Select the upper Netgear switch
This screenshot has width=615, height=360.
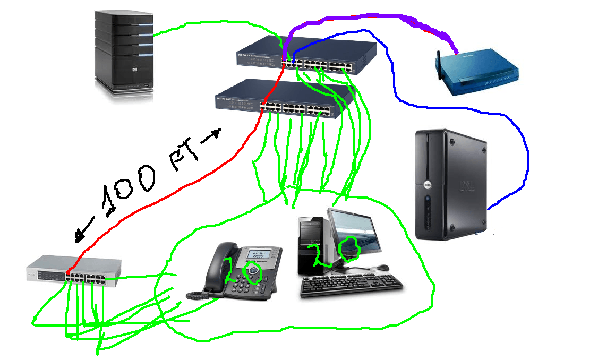(x=306, y=54)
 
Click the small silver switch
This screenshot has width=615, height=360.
(x=74, y=271)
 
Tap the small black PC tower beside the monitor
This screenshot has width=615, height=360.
(x=313, y=244)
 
